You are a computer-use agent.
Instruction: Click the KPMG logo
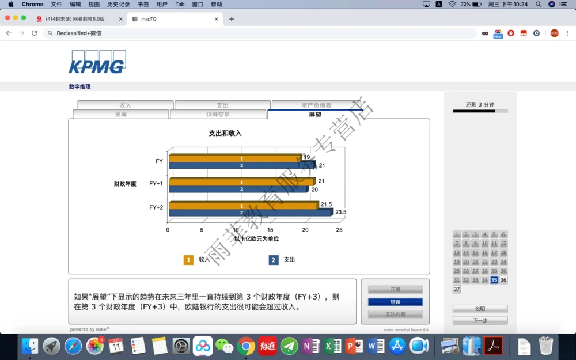click(x=97, y=62)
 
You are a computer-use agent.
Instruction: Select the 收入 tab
click(x=125, y=105)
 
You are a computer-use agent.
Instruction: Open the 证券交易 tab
click(x=218, y=114)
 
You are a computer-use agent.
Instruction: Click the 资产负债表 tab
click(x=316, y=105)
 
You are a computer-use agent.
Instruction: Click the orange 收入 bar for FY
click(x=235, y=158)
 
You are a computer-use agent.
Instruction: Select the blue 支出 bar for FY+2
click(x=251, y=213)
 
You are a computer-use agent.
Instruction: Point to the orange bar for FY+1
click(x=242, y=182)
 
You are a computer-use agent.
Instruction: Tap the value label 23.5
click(x=341, y=212)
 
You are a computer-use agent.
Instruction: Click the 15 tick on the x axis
click(x=270, y=230)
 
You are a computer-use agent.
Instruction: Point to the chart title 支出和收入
click(x=225, y=133)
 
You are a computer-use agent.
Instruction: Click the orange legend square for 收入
click(x=188, y=260)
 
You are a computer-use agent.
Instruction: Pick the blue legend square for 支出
click(x=274, y=260)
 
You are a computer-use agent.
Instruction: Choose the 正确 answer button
click(x=395, y=290)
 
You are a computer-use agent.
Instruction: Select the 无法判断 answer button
click(x=395, y=314)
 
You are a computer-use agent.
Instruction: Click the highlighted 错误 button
click(x=395, y=302)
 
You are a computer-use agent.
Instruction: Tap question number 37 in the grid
click(x=457, y=289)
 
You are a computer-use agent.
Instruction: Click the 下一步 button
click(x=480, y=320)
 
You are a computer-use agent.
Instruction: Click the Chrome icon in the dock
click(x=246, y=346)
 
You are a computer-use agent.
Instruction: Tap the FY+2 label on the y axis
click(x=156, y=207)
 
